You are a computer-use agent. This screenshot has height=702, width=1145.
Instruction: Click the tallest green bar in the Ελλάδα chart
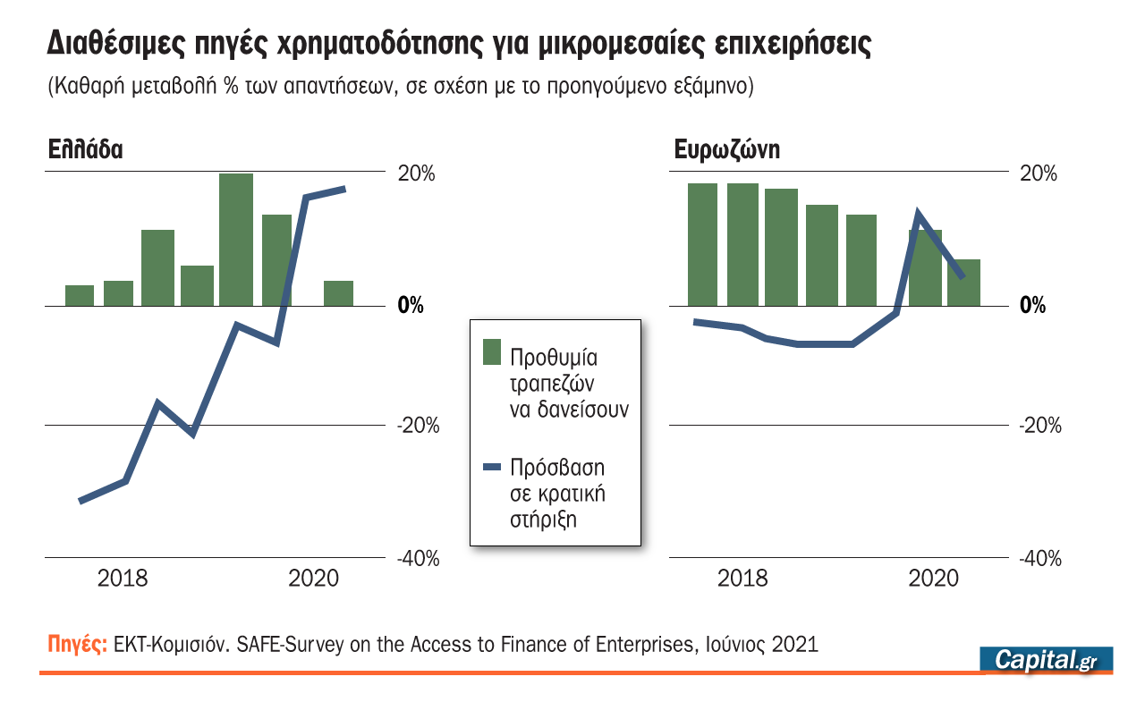pyautogui.click(x=236, y=239)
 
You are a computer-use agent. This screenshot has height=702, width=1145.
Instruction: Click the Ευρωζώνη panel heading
pyautogui.click(x=726, y=149)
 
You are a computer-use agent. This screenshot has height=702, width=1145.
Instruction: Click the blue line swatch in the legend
pyautogui.click(x=492, y=467)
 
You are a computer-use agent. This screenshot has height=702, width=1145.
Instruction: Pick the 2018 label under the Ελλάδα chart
pyautogui.click(x=123, y=579)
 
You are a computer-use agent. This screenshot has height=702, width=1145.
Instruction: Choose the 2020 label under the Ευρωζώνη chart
pyautogui.click(x=933, y=579)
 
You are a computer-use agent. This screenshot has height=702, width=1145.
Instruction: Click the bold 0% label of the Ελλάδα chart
pyautogui.click(x=410, y=307)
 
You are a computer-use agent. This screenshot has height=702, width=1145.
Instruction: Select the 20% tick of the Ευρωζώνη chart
pyautogui.click(x=1039, y=173)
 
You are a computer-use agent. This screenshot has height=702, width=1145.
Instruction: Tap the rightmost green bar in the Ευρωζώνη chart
pyautogui.click(x=963, y=283)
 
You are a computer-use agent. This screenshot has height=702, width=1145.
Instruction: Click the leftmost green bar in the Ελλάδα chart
pyautogui.click(x=80, y=295)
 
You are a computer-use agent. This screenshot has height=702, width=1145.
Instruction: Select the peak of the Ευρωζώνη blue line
pyautogui.click(x=917, y=213)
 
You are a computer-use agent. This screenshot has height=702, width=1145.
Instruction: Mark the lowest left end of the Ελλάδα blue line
pyautogui.click(x=81, y=501)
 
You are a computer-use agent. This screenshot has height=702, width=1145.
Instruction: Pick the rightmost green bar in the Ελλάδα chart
pyautogui.click(x=338, y=293)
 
